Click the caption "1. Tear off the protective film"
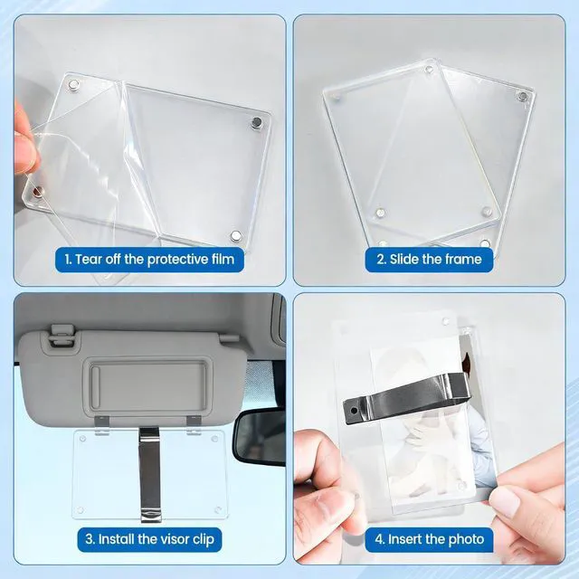point(149,260)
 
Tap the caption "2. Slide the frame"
point(429,260)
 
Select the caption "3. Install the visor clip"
point(149,539)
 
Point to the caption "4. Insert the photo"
point(430,539)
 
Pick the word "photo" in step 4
point(466,539)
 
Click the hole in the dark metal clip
point(354,410)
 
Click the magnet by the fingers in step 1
point(38,191)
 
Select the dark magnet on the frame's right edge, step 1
point(256,122)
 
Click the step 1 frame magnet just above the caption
point(235,235)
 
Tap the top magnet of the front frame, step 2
point(429,70)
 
